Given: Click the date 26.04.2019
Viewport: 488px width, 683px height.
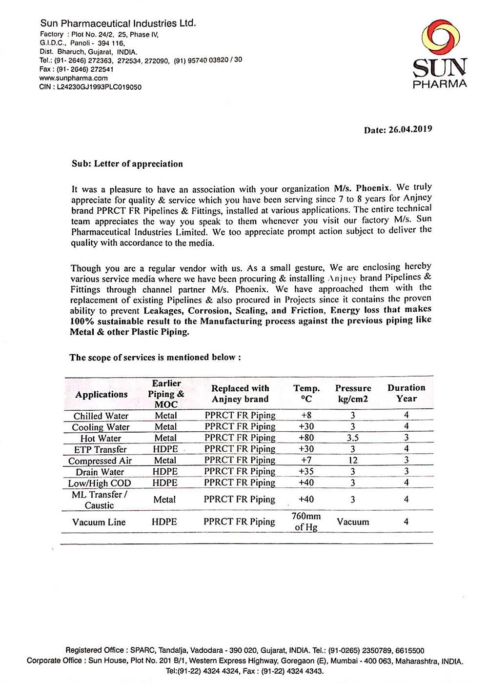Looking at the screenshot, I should coord(398,130).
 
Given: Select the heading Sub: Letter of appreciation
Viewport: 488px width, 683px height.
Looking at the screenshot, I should coord(127,164).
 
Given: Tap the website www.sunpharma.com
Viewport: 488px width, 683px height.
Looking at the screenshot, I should coord(73,78).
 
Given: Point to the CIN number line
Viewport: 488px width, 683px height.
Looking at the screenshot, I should coord(90,87).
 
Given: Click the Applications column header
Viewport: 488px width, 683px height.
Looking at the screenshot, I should coord(102,394).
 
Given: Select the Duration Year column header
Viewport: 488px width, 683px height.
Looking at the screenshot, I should coord(406,393).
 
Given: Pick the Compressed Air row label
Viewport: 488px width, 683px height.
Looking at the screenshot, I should coord(100,461).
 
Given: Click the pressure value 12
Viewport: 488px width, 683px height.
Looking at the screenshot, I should coord(353,460).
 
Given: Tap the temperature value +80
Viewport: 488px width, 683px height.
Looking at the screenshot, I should coord(306,438).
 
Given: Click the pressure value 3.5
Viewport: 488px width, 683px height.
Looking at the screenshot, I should coord(353,438).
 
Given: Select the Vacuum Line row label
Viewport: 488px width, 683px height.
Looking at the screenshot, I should coord(99,522).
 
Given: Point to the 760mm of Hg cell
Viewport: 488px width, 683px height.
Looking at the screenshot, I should coord(306,522).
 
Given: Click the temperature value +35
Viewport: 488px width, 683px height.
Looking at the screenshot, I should coord(306,471).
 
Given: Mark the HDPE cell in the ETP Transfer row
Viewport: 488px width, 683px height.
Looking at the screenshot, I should coord(165,449).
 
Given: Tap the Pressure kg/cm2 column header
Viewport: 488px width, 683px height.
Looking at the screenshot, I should coord(353,393).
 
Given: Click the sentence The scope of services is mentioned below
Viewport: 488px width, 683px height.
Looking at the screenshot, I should coord(155,357).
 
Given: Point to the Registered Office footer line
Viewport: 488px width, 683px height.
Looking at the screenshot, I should coord(245,650).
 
